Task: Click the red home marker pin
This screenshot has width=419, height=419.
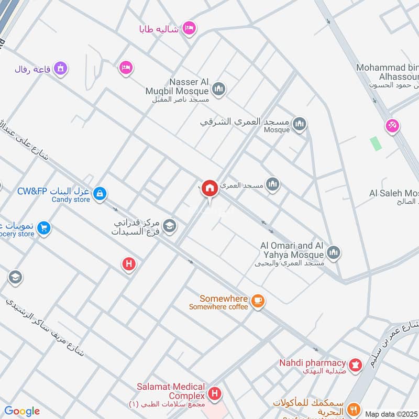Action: click(x=210, y=188)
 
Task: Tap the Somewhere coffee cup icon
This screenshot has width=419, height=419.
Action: click(x=257, y=300)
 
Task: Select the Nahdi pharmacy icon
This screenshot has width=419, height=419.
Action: click(x=356, y=366)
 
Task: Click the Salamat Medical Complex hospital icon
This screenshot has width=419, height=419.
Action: click(x=214, y=393)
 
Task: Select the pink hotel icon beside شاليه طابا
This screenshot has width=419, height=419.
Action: click(x=190, y=28)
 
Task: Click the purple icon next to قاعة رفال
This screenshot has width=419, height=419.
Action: click(x=62, y=68)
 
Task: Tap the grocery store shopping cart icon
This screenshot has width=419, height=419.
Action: click(x=44, y=228)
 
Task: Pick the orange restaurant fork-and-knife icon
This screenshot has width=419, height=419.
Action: click(x=354, y=409)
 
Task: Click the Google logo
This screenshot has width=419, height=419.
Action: click(x=22, y=411)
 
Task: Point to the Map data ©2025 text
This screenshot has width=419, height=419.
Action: click(x=390, y=414)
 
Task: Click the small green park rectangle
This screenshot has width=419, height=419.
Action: click(x=374, y=143)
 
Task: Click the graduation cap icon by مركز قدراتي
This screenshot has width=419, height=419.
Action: click(x=170, y=226)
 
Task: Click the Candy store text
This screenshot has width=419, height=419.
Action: click(x=71, y=200)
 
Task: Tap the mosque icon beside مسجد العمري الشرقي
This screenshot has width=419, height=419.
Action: click(x=300, y=124)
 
